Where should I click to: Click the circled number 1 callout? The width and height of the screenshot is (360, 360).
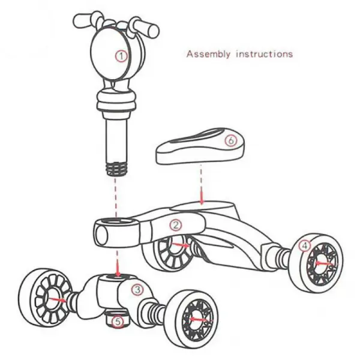click(121, 56)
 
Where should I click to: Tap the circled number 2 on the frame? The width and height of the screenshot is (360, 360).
click(176, 225)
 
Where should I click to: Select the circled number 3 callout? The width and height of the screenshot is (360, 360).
click(137, 290)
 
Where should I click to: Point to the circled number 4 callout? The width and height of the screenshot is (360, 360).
click(305, 245)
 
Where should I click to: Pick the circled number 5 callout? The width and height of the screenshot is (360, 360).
click(118, 322)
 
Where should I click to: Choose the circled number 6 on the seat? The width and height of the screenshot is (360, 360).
click(231, 140)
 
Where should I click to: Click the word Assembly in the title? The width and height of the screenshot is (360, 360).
click(208, 54)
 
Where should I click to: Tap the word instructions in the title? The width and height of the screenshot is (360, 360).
click(265, 54)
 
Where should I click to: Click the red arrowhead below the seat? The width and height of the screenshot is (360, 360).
click(202, 201)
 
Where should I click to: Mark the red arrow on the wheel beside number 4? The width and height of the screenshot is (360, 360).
click(324, 263)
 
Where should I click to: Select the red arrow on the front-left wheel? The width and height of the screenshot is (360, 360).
click(58, 299)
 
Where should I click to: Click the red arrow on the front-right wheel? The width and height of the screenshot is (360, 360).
click(199, 319)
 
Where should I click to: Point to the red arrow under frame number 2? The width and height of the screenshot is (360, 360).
click(181, 245)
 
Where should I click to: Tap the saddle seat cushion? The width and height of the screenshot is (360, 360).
click(200, 146)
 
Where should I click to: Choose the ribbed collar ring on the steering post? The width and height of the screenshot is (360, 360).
click(116, 101)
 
